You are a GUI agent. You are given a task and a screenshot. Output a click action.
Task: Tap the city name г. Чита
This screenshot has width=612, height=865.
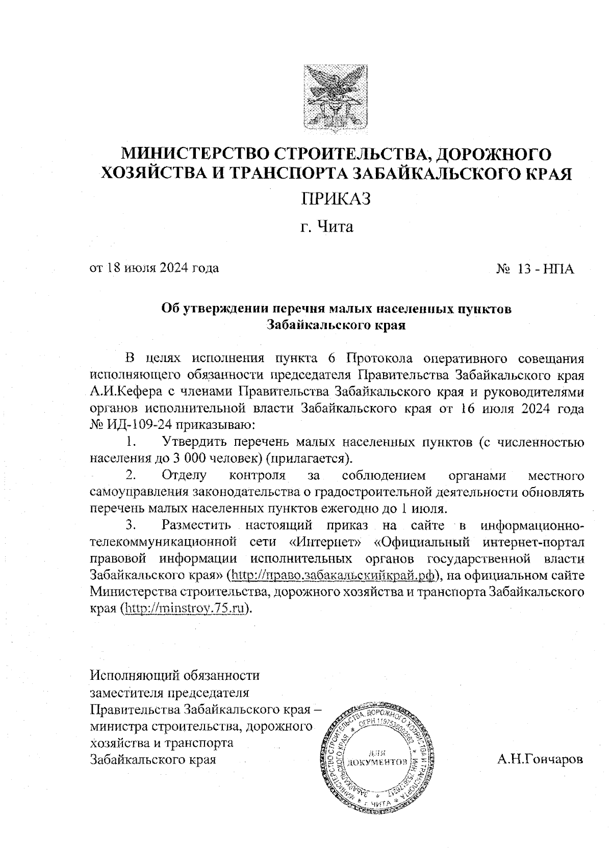click(327, 226)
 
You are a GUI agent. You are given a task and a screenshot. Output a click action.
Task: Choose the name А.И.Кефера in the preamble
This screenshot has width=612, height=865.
click(121, 392)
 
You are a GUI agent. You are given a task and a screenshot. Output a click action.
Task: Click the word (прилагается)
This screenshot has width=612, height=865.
click(310, 457)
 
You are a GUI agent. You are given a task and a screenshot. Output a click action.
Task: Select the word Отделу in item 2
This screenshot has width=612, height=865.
click(184, 476)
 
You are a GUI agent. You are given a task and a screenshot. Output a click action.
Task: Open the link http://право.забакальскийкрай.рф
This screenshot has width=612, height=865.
click(335, 575)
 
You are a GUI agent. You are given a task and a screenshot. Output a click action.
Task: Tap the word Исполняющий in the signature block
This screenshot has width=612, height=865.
click(134, 676)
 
